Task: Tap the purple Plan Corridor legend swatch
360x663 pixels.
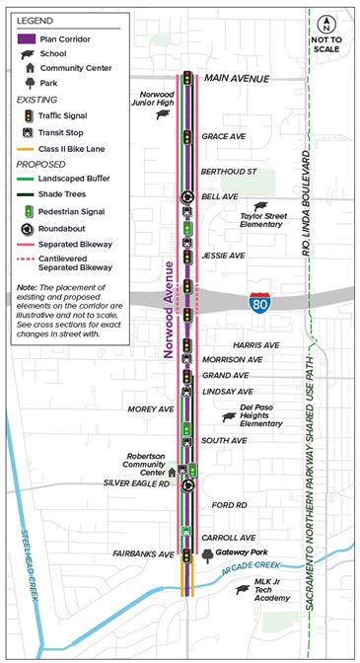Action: (x=26, y=38)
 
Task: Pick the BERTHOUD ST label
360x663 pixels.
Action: (x=228, y=171)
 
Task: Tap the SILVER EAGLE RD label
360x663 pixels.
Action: (x=137, y=484)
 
